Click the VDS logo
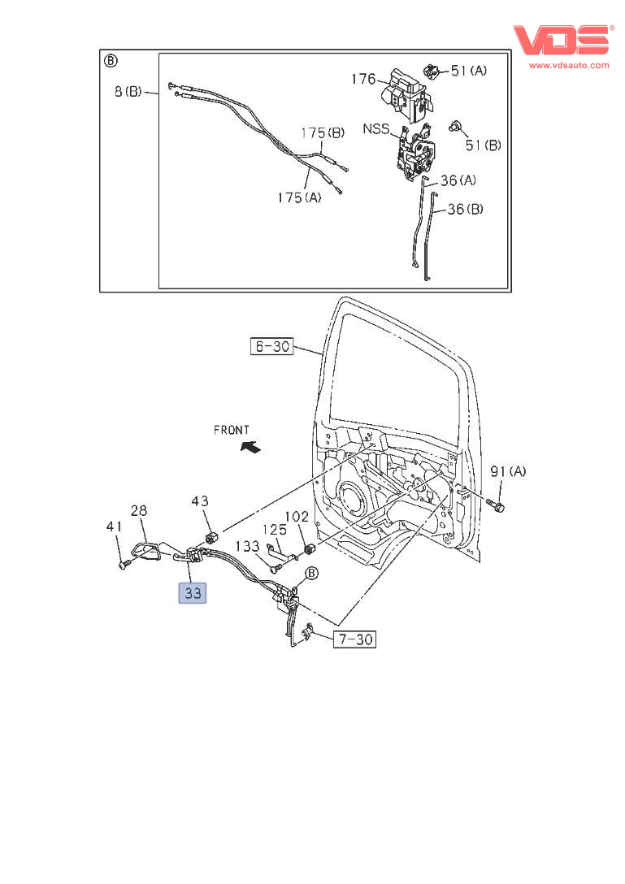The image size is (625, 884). pos(560,41)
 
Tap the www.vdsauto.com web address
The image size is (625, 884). pos(569,65)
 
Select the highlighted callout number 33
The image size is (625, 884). pos(193,593)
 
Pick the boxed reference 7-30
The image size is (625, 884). pos(354,639)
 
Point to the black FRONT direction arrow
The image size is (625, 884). pos(250,446)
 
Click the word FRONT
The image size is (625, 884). pos(232,430)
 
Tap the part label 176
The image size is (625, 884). pos(363,79)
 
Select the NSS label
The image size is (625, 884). pos(375,128)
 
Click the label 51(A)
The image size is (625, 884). pos(469,71)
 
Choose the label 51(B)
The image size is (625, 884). pos(483,145)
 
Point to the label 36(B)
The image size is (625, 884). pos(466,209)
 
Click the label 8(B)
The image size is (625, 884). pos(126,92)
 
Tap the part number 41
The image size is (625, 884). pos(113,527)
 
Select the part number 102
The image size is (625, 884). pos(296,515)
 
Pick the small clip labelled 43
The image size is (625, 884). pos(211,536)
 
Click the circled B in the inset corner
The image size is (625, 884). pos(111,61)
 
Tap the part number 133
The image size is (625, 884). pos(248,546)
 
